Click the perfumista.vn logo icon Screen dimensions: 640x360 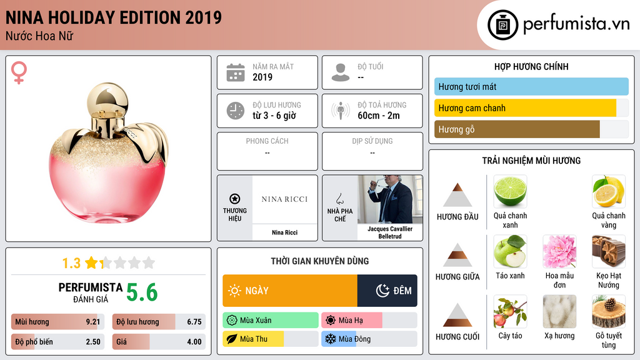[502, 25]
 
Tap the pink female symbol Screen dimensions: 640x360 [19, 72]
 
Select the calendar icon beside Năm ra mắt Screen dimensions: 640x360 [236, 72]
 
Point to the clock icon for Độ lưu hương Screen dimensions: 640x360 [236, 111]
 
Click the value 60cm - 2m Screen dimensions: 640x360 [378, 116]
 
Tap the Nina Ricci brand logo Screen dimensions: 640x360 [284, 199]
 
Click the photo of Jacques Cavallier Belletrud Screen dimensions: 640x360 [390, 200]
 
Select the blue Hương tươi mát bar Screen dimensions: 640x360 [531, 86]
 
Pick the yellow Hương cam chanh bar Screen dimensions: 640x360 [525, 108]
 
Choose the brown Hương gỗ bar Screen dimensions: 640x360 [517, 129]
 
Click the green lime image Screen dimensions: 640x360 [510, 191]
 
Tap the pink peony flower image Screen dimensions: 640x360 [559, 251]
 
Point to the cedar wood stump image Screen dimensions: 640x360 [609, 311]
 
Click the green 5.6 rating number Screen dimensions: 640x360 [142, 292]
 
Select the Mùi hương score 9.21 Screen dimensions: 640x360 [93, 322]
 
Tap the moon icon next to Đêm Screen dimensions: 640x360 [382, 290]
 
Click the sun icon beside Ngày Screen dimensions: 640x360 [234, 291]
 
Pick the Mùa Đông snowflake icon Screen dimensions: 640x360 [330, 339]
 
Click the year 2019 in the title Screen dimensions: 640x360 [203, 17]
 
